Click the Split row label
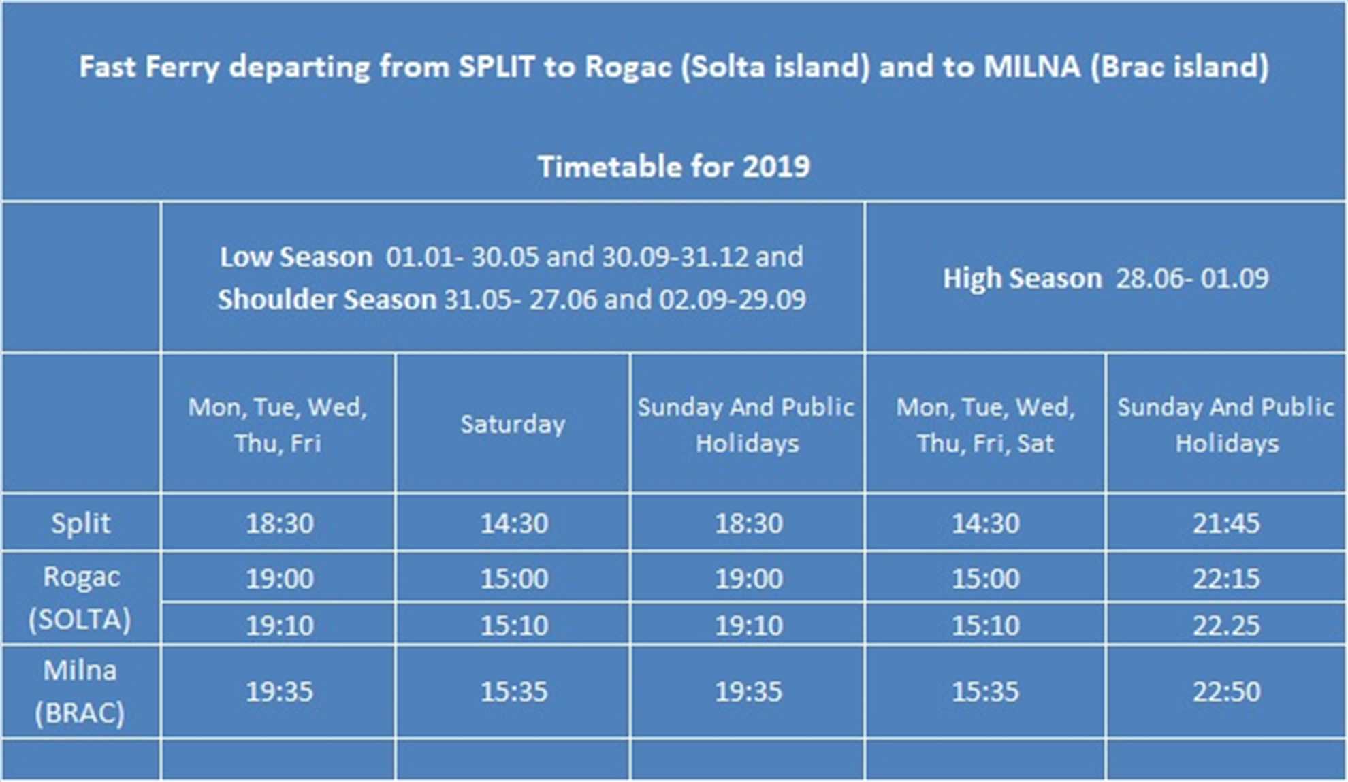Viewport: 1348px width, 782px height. [x=80, y=523]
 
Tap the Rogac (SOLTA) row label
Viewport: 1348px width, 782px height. [x=80, y=598]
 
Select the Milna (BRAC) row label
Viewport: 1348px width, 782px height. [x=80, y=691]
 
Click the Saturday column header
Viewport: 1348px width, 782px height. [x=513, y=424]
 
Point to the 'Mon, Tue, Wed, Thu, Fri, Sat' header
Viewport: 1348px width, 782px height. [x=985, y=425]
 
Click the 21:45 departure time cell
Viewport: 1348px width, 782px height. [x=1226, y=523]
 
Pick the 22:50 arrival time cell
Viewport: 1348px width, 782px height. [x=1226, y=691]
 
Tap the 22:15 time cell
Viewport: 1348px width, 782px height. [x=1226, y=579]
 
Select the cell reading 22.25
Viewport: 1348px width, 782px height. [x=1226, y=625]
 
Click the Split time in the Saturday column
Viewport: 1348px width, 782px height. [x=514, y=523]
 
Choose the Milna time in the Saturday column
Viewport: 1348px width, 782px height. [x=514, y=691]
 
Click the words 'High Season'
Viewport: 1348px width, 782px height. [x=1022, y=278]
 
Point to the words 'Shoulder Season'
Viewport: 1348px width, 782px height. [x=327, y=299]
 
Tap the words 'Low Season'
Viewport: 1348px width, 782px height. [x=296, y=257]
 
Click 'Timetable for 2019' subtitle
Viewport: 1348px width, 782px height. [x=674, y=167]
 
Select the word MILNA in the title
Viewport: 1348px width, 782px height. [x=1032, y=67]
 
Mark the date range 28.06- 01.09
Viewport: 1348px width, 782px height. [x=1192, y=278]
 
